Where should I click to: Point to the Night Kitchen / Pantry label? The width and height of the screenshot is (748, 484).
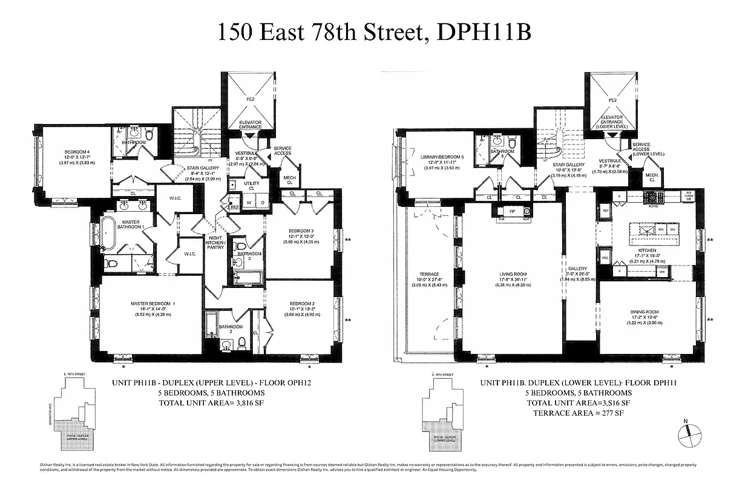(x=215, y=245)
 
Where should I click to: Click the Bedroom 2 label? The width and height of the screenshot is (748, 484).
(x=300, y=303)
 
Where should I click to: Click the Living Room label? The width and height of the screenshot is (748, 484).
(x=513, y=274)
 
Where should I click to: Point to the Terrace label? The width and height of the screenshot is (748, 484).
(x=430, y=274)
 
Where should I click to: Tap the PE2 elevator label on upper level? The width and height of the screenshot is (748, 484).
(x=249, y=99)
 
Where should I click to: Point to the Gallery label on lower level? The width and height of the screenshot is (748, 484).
(x=574, y=268)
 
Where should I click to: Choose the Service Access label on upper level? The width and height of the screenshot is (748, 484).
(x=282, y=151)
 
